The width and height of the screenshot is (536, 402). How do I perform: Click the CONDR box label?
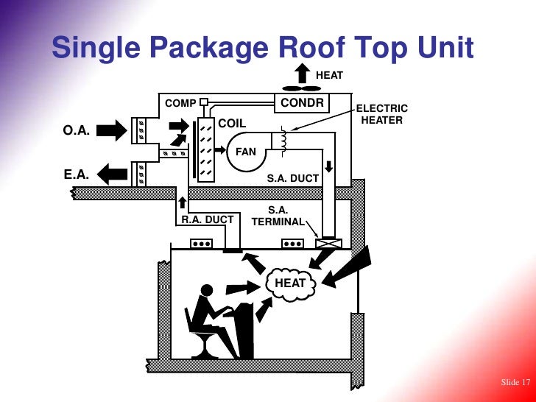pyautogui.click(x=302, y=102)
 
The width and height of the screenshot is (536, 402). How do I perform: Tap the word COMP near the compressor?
pyautogui.click(x=180, y=103)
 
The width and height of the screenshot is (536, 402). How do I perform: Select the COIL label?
pyautogui.click(x=232, y=123)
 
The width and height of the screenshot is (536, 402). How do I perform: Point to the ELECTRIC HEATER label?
pyautogui.click(x=381, y=114)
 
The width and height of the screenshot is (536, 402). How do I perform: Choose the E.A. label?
pyautogui.click(x=77, y=175)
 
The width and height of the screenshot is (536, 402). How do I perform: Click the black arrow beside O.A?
pyautogui.click(x=111, y=131)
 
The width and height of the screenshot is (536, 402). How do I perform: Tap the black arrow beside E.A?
pyautogui.click(x=111, y=174)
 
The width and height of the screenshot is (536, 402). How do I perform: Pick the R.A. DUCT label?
pyautogui.click(x=207, y=219)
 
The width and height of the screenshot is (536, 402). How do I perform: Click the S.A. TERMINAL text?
pyautogui.click(x=278, y=216)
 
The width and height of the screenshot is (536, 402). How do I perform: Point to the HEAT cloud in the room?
pyautogui.click(x=290, y=283)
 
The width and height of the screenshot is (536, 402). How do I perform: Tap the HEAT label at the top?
pyautogui.click(x=329, y=74)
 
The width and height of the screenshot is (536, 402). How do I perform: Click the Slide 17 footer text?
pyautogui.click(x=515, y=382)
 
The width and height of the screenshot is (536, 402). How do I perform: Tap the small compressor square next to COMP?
pyautogui.click(x=204, y=102)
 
